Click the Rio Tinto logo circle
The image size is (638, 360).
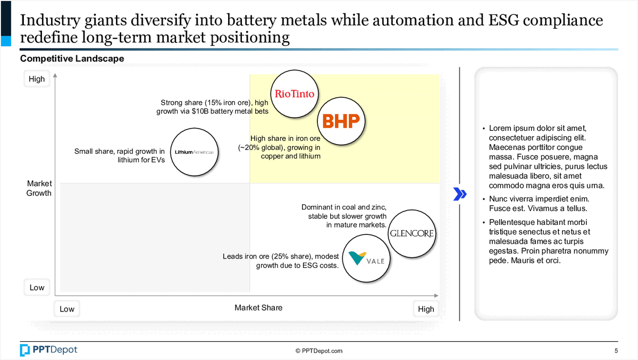click(x=294, y=94)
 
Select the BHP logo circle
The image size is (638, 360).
click(x=341, y=121)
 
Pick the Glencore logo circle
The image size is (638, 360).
click(x=412, y=233)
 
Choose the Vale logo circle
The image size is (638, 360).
click(x=364, y=259)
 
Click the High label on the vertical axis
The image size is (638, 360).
click(x=37, y=79)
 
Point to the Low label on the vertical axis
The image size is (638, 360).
click(x=37, y=288)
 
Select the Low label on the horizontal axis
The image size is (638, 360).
click(x=67, y=309)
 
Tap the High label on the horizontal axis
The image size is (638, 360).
click(x=426, y=309)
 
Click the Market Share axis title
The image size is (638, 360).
click(x=258, y=308)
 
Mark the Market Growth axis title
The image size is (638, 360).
click(x=39, y=188)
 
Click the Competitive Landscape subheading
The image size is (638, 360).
click(x=72, y=58)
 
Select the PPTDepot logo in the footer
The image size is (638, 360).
click(x=48, y=350)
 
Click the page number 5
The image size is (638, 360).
click(x=616, y=350)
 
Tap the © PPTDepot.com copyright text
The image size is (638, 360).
click(x=319, y=351)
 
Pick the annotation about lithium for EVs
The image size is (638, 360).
click(x=120, y=155)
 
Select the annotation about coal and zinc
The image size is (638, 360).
click(x=343, y=216)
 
